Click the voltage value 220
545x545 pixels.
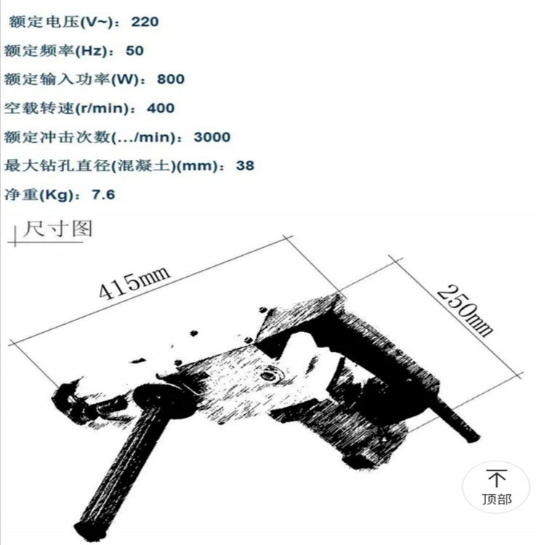tap(145, 22)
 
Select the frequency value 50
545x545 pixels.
tap(134, 51)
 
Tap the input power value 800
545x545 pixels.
tap(171, 79)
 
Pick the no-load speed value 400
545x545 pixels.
tap(161, 108)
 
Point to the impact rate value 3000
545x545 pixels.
tap(212, 137)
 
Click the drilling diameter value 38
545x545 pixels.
tap(245, 166)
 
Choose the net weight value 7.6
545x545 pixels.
tap(103, 194)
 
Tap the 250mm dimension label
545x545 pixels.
tap(465, 311)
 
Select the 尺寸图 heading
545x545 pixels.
tap(57, 229)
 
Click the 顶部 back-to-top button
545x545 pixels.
tap(496, 487)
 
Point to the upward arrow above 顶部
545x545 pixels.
tap(497, 478)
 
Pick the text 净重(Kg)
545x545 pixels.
tap(39, 194)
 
